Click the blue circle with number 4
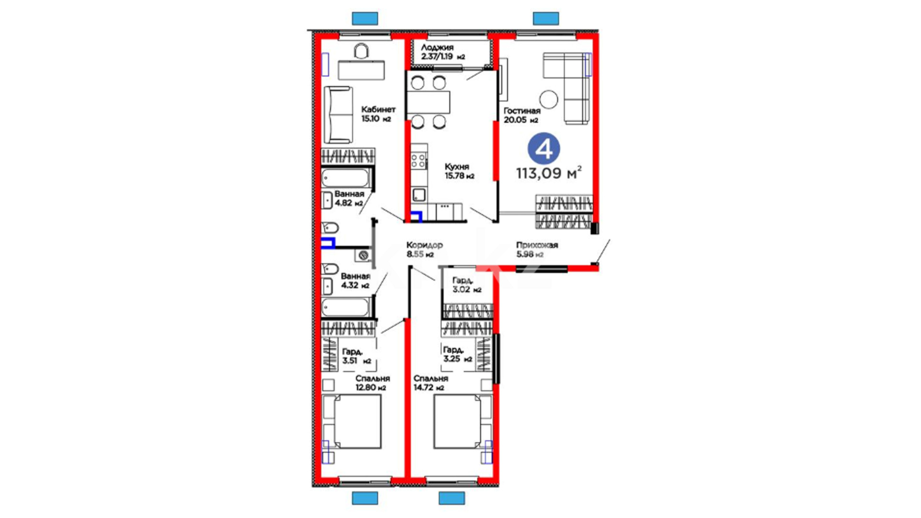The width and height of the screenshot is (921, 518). [544, 149]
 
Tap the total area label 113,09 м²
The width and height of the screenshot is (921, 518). [549, 173]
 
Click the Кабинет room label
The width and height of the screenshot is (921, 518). [378, 109]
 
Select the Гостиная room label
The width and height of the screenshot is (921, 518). [522, 111]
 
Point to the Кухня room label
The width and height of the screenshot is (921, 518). [457, 167]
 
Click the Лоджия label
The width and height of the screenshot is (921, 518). [437, 47]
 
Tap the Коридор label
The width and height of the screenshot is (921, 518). [425, 245]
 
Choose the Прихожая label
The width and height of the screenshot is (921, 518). [537, 245]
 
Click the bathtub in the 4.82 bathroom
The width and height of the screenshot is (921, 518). [345, 178]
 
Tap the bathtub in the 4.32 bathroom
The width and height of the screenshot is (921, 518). [345, 307]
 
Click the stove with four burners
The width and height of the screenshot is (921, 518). [418, 161]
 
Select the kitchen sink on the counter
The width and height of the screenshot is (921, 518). [419, 195]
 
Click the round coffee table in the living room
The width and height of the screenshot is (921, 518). [548, 99]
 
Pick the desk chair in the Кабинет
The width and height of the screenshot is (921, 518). [361, 51]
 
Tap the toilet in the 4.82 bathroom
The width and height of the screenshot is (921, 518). [330, 227]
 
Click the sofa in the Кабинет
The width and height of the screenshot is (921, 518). [338, 115]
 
